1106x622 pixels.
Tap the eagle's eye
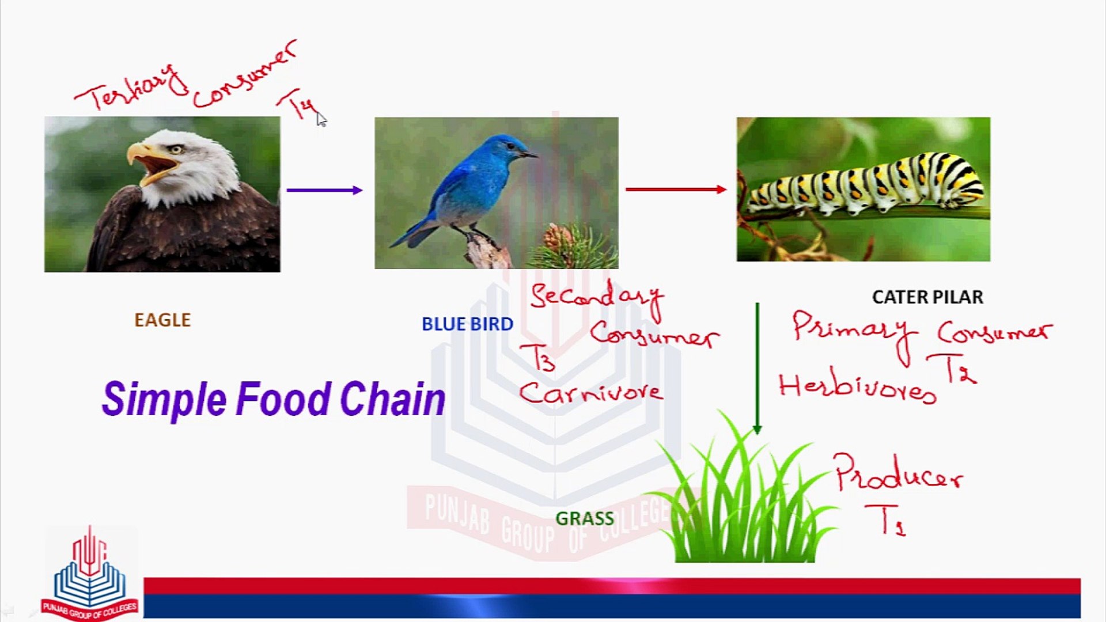[176, 149]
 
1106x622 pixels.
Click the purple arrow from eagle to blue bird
[324, 190]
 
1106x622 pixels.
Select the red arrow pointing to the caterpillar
[676, 189]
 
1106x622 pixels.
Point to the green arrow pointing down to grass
[757, 369]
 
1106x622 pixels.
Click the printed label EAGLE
[162, 320]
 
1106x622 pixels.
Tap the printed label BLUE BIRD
[467, 324]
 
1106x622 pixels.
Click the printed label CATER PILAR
[927, 297]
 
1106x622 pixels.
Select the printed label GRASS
[585, 518]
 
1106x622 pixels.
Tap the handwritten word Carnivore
[590, 392]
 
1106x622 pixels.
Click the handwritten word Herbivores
[857, 387]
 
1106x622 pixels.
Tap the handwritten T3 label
[537, 358]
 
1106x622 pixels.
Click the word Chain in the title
[392, 399]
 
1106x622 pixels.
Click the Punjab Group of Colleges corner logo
[89, 573]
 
